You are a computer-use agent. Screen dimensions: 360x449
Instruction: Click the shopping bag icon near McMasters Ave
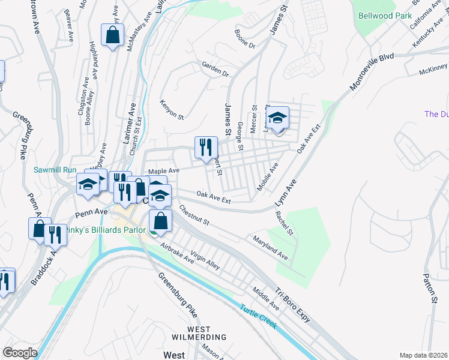point(112,36)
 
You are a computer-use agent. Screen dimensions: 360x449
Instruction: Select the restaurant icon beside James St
point(205,148)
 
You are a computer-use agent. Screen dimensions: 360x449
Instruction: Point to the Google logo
point(20,352)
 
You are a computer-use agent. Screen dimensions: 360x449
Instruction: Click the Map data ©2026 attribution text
point(423,355)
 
